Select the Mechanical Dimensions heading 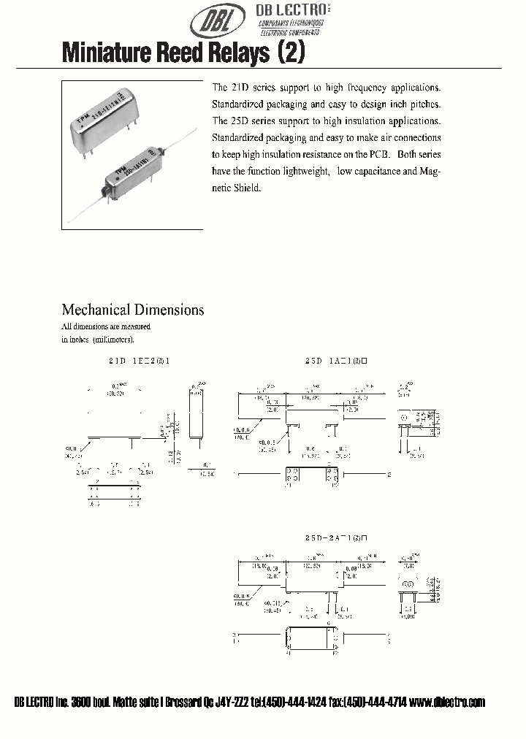point(132,310)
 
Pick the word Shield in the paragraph point(246,188)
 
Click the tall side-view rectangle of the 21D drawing point(194,412)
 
